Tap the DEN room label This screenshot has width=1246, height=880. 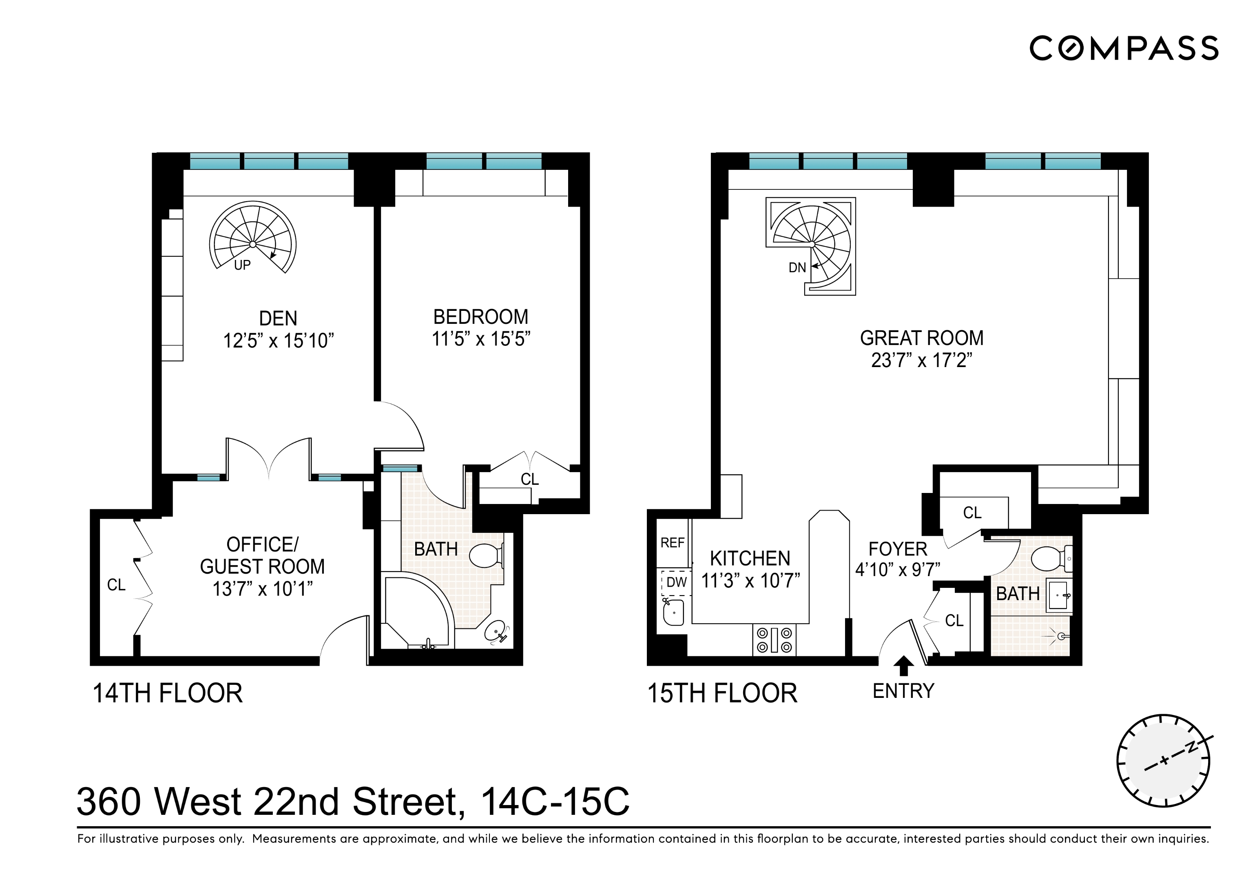click(x=278, y=318)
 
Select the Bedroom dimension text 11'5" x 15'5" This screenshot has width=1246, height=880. click(x=480, y=339)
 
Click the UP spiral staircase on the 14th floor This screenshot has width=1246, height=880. click(x=253, y=239)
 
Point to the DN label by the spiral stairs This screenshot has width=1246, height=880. click(x=797, y=267)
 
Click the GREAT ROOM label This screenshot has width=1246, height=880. click(x=921, y=338)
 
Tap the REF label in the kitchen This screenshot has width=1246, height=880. click(x=672, y=543)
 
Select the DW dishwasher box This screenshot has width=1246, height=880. click(x=676, y=582)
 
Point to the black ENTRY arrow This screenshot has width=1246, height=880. click(x=903, y=665)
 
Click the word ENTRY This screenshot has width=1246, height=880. click(x=903, y=691)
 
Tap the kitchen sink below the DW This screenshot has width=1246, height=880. click(x=673, y=613)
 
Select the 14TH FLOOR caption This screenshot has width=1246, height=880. click(x=168, y=693)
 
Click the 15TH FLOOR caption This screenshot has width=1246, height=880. click(x=722, y=693)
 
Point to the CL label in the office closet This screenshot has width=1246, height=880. click(x=116, y=585)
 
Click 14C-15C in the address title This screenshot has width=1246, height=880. click(x=555, y=802)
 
